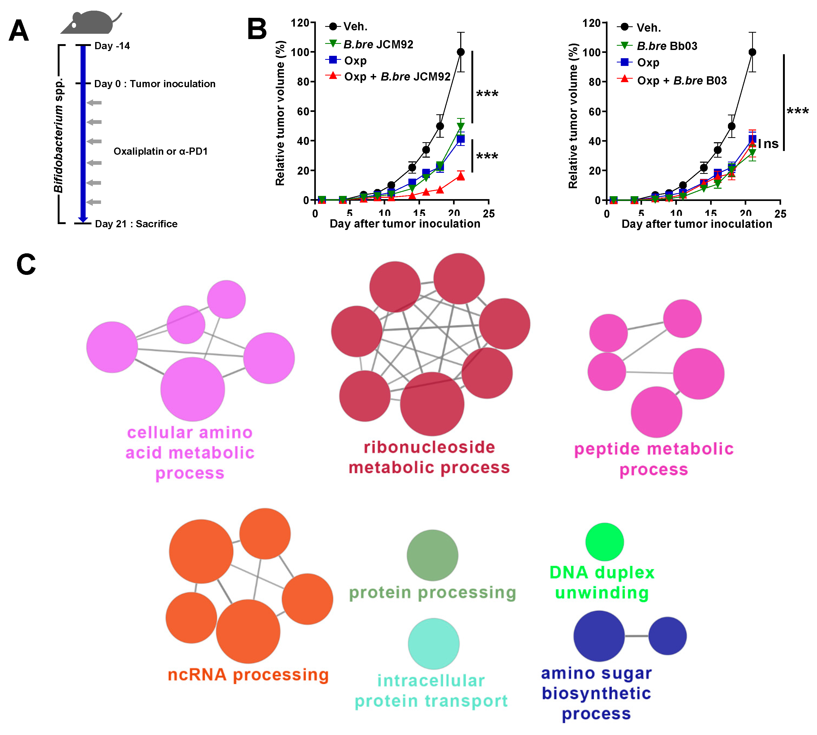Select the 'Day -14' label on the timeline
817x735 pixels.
[112, 46]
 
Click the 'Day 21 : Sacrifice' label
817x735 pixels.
[136, 224]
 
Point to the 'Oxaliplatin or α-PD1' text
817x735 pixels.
[160, 152]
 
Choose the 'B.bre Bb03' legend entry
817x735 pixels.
[667, 46]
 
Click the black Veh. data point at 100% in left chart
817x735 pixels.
[460, 52]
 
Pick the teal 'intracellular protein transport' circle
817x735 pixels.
[433, 644]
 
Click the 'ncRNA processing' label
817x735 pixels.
[248, 675]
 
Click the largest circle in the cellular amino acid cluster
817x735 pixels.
[193, 389]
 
